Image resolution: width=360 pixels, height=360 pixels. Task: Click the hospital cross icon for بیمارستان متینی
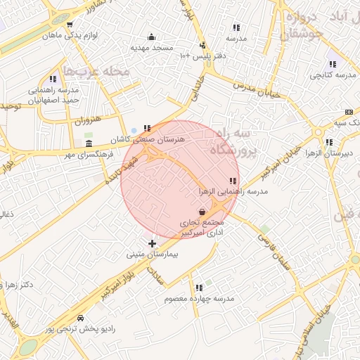(152, 243)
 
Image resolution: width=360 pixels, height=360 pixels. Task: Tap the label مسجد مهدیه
(150, 48)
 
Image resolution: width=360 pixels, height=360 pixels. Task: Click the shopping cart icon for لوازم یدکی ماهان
(69, 24)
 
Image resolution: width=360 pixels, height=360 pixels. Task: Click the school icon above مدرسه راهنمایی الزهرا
(233, 181)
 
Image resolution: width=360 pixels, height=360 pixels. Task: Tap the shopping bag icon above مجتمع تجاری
(202, 210)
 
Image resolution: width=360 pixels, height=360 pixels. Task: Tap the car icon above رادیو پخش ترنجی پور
(80, 318)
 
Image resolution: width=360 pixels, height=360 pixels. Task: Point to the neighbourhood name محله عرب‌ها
(97, 71)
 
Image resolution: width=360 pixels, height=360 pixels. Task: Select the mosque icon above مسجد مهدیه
(150, 37)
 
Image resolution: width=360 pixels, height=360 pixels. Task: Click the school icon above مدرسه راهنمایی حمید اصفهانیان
(53, 79)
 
